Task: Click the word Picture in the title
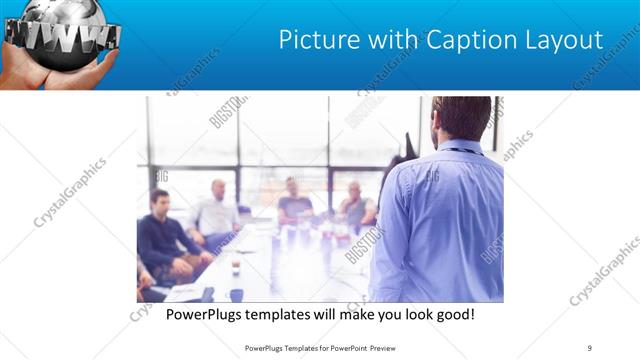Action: pyautogui.click(x=316, y=41)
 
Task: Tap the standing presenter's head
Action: pyautogui.click(x=462, y=118)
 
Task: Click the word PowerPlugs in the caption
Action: pyautogui.click(x=207, y=315)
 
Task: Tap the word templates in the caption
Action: pyautogui.click(x=288, y=315)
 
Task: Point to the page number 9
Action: pyautogui.click(x=590, y=348)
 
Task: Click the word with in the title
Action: pyautogui.click(x=385, y=41)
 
